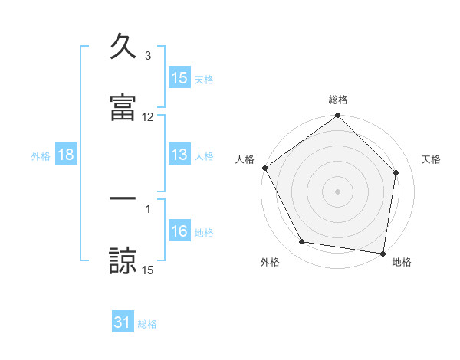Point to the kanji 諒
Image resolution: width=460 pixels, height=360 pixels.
123,260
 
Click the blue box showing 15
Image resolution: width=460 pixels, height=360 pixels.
179,78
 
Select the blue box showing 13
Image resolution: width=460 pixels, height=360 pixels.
179,155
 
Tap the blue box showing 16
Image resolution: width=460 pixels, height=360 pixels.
179,231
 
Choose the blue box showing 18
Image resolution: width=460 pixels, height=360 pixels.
66,155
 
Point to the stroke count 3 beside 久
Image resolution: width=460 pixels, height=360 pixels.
148,56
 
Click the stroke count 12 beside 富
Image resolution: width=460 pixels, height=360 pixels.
148,117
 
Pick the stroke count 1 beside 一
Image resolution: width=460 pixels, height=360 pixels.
148,208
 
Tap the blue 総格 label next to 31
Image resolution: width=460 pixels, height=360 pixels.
147,324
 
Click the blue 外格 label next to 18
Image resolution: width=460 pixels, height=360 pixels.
41,155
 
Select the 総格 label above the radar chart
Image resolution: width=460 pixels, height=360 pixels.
338,100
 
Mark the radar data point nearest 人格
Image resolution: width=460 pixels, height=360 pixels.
265,168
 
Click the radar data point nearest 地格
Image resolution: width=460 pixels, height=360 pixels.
383,253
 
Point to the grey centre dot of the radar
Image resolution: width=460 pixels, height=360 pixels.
338,191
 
